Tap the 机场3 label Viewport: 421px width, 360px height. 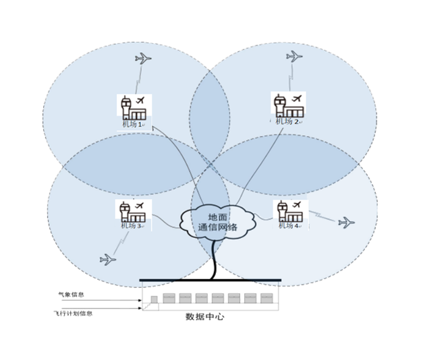[x=130, y=227]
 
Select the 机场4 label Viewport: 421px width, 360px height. [x=289, y=226]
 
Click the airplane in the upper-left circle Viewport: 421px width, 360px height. [x=143, y=58]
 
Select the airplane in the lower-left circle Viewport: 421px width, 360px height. [x=107, y=259]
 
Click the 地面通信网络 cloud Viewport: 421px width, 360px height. [x=218, y=222]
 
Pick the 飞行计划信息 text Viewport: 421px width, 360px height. [x=74, y=313]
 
